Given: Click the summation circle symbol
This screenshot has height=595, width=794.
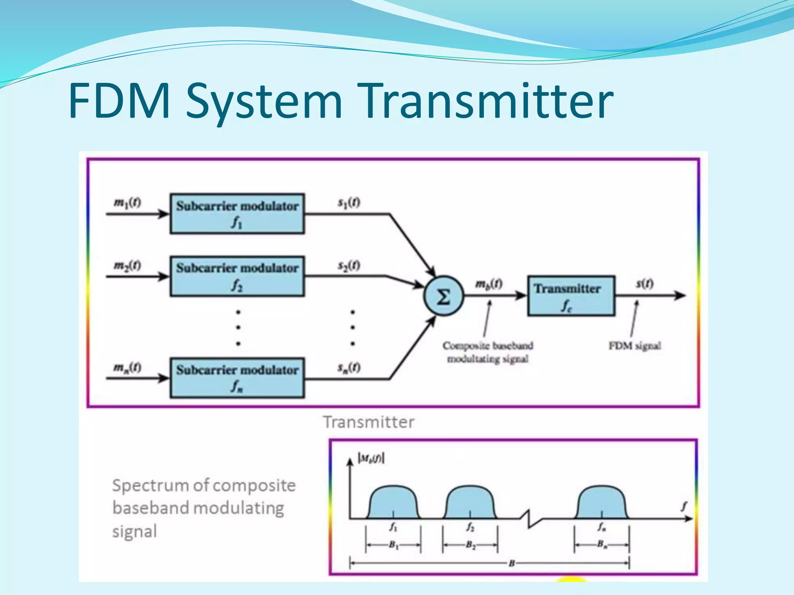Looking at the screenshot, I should tap(443, 297).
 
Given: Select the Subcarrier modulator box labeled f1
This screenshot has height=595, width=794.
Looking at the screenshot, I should tap(237, 213).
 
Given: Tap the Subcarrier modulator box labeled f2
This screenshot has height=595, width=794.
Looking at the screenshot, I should tap(237, 276).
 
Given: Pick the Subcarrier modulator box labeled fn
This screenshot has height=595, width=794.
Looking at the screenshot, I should tap(237, 378).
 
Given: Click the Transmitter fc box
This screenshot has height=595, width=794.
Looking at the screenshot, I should tap(571, 296).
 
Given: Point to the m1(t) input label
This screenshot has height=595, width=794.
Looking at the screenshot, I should tap(127, 203).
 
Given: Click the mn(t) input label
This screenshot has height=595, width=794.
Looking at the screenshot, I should tap(127, 367).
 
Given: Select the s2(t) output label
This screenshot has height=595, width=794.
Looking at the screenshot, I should tap(349, 266).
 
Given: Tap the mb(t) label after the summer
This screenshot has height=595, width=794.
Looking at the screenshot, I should tap(489, 285).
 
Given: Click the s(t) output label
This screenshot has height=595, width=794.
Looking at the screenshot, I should tap(645, 284).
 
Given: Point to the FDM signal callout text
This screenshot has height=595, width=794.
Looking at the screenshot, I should tap(635, 346).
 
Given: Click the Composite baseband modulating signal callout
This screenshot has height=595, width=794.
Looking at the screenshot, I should tap(488, 352).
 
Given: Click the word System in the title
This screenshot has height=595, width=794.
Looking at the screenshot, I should tap(264, 101).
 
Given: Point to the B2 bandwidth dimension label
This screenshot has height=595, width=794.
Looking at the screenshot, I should tap(470, 545).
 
